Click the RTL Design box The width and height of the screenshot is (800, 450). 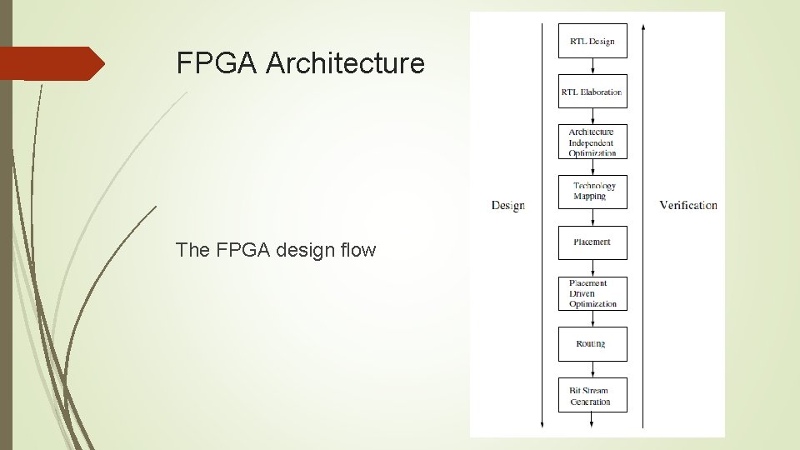(x=592, y=41)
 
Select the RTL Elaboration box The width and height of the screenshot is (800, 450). (x=592, y=92)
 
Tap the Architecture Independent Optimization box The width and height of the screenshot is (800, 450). (x=592, y=142)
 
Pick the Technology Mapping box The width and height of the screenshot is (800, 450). (x=592, y=192)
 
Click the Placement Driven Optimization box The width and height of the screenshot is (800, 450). (x=592, y=293)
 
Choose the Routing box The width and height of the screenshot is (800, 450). (x=592, y=344)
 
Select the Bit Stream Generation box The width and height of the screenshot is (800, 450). (x=592, y=395)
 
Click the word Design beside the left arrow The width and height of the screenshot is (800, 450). (x=507, y=205)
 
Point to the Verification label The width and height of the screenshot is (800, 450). (x=687, y=205)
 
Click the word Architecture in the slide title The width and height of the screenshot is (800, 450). (x=345, y=63)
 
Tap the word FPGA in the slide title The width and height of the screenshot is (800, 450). (x=217, y=63)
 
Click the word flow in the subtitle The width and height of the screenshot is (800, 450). (x=357, y=249)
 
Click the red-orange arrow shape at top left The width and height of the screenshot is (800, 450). (x=52, y=63)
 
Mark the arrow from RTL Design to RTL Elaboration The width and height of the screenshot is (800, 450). (x=592, y=67)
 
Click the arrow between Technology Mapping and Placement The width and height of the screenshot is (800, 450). (x=592, y=217)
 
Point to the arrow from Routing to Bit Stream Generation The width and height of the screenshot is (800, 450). (x=592, y=370)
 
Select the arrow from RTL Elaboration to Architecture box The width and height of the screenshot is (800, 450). (x=592, y=117)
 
